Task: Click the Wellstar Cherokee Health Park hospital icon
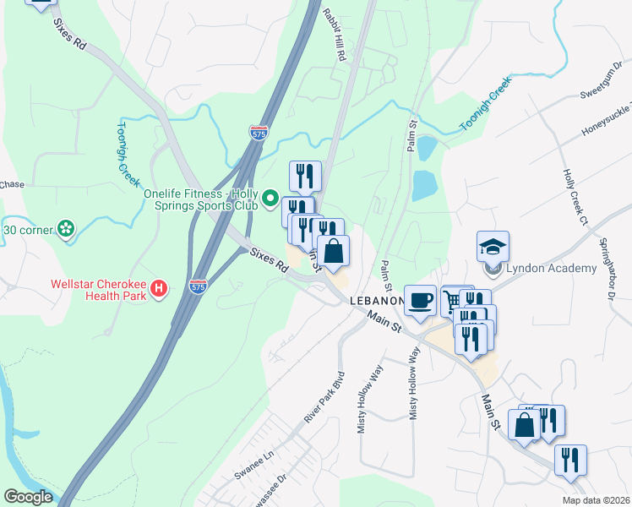point(158,290)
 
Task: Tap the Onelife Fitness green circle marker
point(270,199)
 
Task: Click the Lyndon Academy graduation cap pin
point(493,247)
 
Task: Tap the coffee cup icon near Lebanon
point(420,301)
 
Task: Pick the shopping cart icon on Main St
point(452,300)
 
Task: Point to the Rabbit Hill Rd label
point(335,35)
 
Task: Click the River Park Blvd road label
point(325,396)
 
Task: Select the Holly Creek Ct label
point(575,198)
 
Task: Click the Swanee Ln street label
point(255,466)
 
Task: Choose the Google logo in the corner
point(28,497)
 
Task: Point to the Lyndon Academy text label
point(552,269)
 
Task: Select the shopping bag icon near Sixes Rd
point(334,251)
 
